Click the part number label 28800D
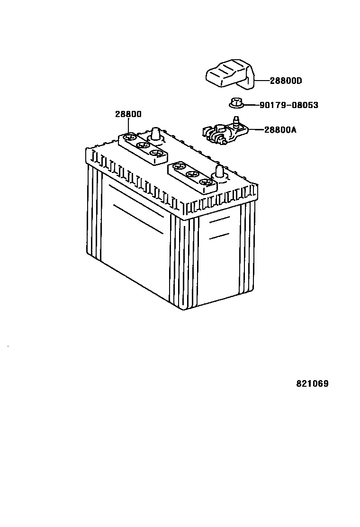286,81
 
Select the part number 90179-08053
289,105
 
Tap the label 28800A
280,129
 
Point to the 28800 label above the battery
128,114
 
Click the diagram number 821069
312,384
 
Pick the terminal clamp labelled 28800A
223,133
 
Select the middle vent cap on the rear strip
142,145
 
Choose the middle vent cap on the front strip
191,174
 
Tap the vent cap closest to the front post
205,182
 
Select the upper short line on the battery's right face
219,221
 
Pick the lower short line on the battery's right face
219,236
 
